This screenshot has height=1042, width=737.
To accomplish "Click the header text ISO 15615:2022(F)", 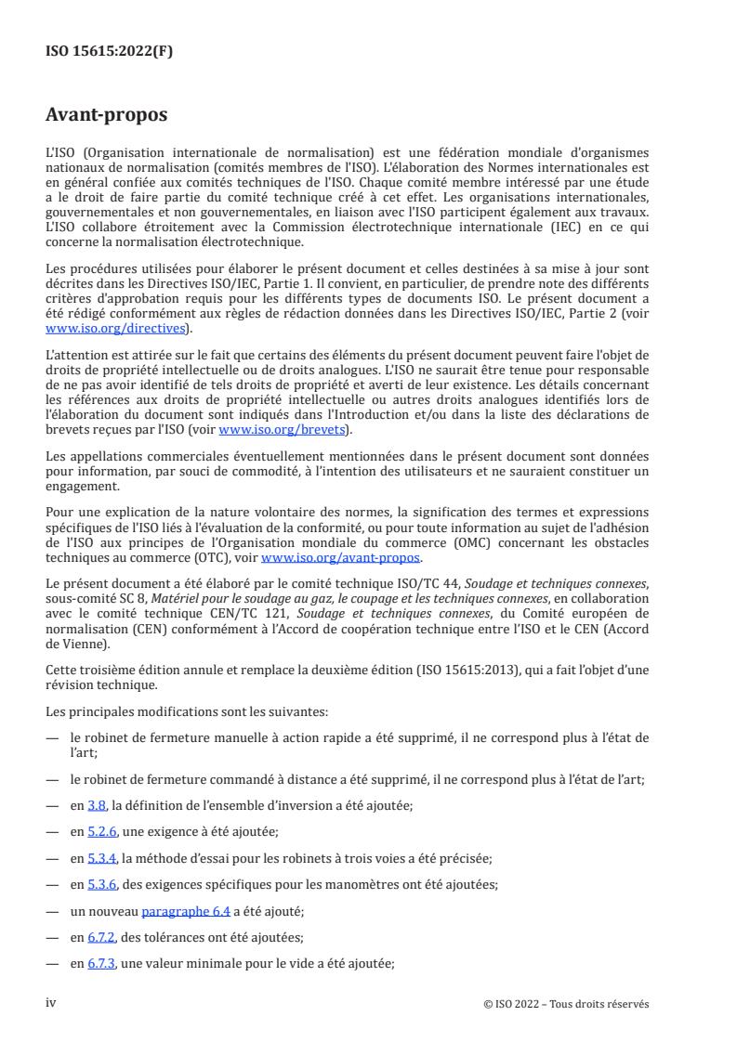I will (110, 52).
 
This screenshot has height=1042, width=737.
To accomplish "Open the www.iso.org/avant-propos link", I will (342, 557).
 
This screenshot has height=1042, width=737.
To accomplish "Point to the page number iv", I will (52, 1003).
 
